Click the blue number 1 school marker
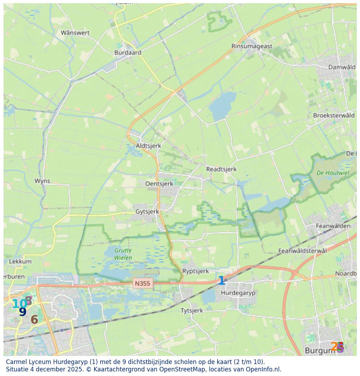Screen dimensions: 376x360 pos(221,281)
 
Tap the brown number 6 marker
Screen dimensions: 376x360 pos(34,320)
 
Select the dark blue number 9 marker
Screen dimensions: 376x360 pos(23,312)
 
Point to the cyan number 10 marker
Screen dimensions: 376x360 pos(18,304)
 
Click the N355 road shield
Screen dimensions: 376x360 pos(143,283)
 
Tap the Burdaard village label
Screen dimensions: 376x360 pos(128,53)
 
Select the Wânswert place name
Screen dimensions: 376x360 pos(75,33)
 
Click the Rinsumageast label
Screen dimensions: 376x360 pos(252,46)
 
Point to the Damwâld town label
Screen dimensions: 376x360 pos(342,67)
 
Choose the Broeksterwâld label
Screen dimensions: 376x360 pos(334,115)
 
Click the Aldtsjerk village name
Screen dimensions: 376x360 pos(148,146)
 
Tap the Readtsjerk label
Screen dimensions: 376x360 pos(221,169)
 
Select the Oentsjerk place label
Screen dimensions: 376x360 pos(159,184)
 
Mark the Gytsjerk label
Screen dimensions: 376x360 pos(147,212)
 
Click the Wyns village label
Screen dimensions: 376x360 pos(42,181)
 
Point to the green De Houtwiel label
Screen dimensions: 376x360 pos(333,173)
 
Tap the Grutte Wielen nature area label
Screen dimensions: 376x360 pos(123,254)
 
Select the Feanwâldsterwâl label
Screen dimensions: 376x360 pos(303,251)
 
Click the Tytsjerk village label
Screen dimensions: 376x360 pos(192,310)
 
